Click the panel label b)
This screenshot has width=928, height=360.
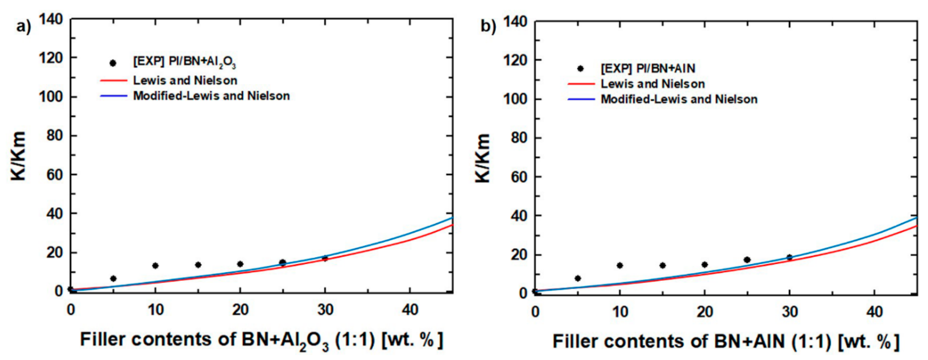[x=488, y=27]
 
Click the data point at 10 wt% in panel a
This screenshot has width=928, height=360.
[x=155, y=266]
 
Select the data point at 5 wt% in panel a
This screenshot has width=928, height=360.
[x=113, y=278]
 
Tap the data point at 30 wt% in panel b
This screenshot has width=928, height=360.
[x=790, y=257]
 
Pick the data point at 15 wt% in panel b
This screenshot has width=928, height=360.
[x=663, y=266]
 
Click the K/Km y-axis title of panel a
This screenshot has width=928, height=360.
[x=18, y=156]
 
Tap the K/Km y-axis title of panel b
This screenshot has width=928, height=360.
[x=482, y=158]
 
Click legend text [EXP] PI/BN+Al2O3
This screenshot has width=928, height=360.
[x=185, y=62]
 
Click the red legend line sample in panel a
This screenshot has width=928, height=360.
[x=113, y=80]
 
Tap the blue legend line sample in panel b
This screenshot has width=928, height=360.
[x=581, y=99]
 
